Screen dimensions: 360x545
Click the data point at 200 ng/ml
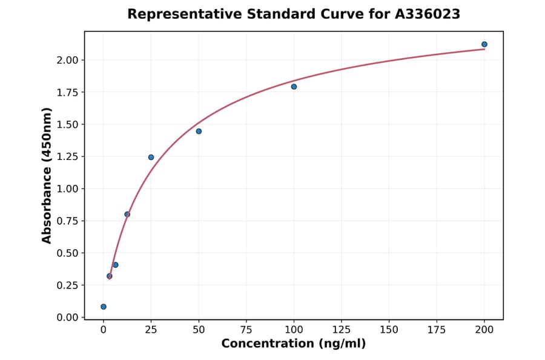point(484,44)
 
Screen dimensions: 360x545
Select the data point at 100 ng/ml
point(294,87)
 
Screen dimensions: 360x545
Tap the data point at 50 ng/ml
point(199,131)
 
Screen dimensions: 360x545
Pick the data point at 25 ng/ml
point(151,157)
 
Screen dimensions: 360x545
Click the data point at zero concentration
point(104,307)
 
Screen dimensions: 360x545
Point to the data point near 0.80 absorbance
point(127,214)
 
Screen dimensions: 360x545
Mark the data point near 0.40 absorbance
point(115,265)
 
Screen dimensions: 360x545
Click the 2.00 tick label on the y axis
point(67,60)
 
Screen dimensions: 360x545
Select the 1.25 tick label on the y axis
point(67,157)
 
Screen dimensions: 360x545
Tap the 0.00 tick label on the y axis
point(67,318)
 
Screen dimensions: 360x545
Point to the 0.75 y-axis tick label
point(67,221)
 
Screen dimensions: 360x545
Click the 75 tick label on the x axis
point(246,330)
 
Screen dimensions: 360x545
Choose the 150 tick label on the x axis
point(389,330)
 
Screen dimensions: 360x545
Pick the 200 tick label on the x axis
point(484,330)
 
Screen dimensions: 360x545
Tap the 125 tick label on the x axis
point(342,330)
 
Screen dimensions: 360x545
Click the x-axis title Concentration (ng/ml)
point(293,344)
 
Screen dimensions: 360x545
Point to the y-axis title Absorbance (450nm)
point(47,175)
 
